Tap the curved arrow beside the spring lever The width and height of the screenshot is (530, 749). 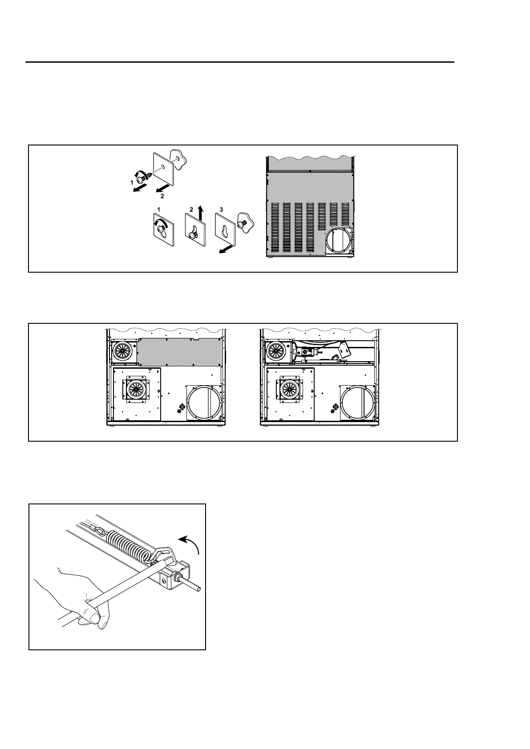click(x=190, y=544)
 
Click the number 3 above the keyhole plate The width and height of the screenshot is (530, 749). click(x=221, y=209)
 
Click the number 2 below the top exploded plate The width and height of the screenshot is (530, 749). click(x=162, y=196)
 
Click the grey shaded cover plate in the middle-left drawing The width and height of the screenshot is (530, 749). click(x=180, y=352)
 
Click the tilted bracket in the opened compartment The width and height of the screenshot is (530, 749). click(x=344, y=351)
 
